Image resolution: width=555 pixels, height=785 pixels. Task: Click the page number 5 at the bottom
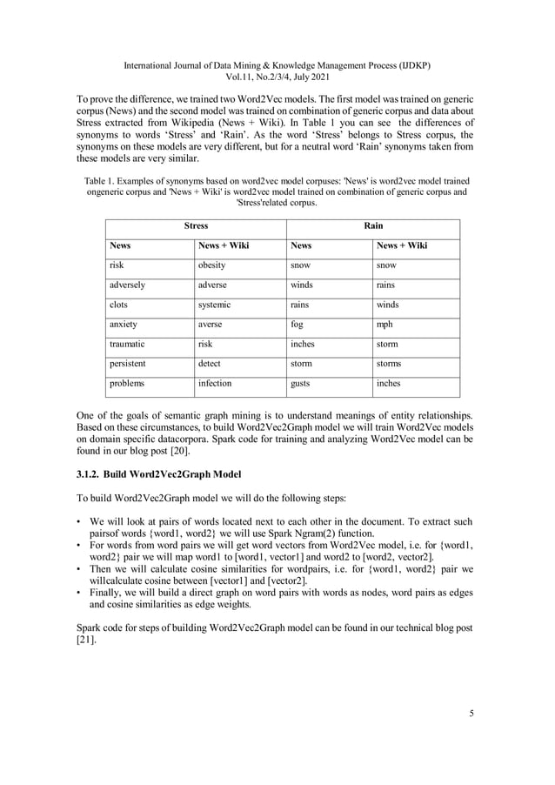(471, 715)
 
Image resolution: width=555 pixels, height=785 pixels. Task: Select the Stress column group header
(196, 226)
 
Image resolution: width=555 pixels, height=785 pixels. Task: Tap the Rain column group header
(373, 226)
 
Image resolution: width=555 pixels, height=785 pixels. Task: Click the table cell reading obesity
(212, 265)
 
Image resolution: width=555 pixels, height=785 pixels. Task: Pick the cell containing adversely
(127, 285)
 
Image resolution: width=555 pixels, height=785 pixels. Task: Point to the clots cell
(119, 305)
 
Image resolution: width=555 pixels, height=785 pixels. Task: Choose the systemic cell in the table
(215, 305)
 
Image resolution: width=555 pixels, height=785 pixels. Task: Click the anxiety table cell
(124, 324)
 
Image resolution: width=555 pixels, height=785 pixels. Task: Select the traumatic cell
(127, 344)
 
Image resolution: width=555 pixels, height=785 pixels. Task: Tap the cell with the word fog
(297, 324)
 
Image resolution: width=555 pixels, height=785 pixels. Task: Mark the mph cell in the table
(384, 324)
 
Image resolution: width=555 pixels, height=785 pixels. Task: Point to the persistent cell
(128, 363)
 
